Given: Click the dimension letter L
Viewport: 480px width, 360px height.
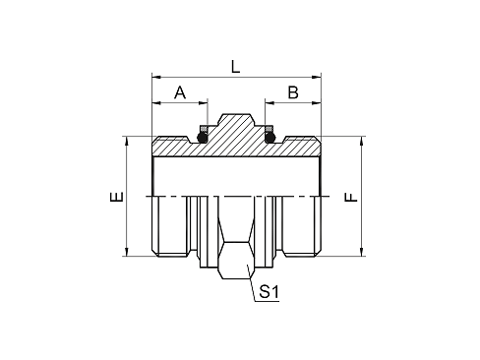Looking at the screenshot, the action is pos(236,67).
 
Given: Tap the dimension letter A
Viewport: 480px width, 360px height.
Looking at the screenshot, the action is pos(180,92).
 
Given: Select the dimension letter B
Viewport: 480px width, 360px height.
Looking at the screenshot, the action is pos(293,92).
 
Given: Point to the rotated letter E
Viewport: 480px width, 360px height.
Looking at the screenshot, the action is pos(117,197).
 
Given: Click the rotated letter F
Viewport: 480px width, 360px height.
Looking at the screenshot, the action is pos(351,197).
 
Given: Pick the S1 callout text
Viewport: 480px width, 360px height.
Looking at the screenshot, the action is pos(269,291).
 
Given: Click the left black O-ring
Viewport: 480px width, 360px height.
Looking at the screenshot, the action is pos(203,138).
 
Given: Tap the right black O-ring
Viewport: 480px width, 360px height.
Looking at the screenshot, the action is pos(270,138).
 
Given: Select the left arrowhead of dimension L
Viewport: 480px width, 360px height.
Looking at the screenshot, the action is pos(156,77).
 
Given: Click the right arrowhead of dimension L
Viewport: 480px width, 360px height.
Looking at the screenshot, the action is pos(317,77).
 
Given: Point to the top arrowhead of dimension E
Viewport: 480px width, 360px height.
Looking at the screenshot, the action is pos(126,142).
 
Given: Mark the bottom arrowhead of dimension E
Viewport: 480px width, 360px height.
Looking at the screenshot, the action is pos(126,252).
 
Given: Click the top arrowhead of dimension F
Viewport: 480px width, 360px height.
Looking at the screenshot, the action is pos(361,142).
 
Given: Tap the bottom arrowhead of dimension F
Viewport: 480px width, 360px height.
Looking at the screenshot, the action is pos(361,252).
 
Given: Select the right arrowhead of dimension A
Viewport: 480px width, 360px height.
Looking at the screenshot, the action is pos(203,103).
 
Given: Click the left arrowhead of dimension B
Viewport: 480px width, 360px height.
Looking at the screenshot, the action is pos(270,103).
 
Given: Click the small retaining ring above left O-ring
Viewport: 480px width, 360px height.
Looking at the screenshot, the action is pos(204,128).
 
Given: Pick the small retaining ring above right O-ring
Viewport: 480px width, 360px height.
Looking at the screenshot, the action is pos(269,128).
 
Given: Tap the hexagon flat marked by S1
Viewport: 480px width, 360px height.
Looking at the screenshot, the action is pos(236,261).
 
